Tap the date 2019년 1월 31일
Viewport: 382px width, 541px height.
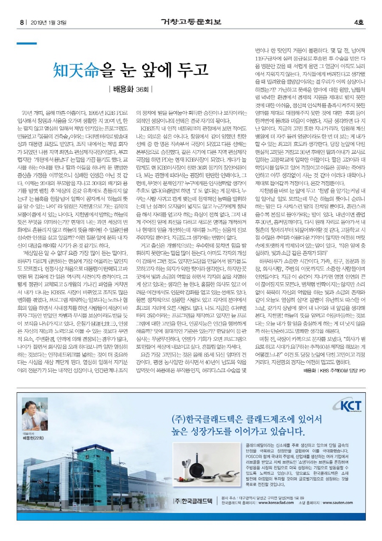point(48,22)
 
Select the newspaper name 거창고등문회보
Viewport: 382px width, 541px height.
point(191,21)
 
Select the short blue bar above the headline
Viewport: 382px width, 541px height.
point(26,43)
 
